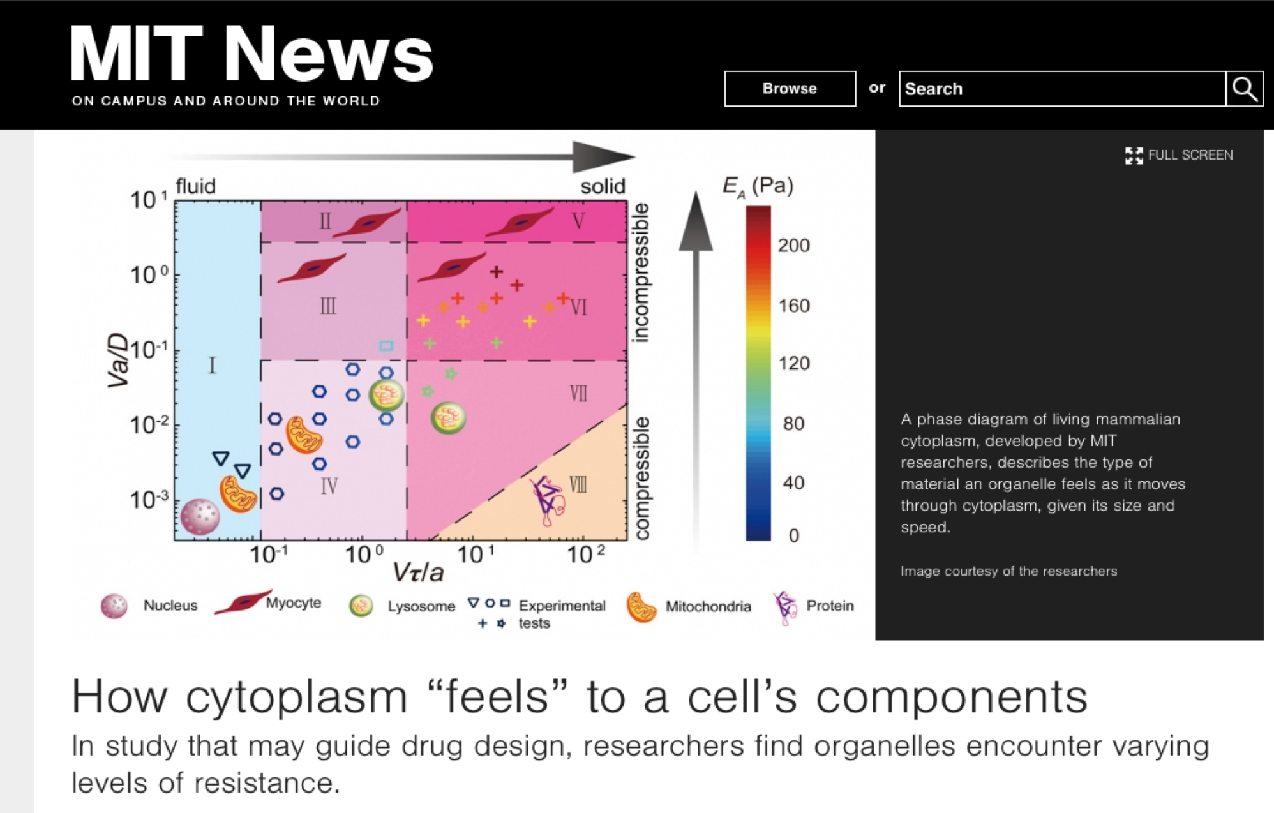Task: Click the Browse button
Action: tap(790, 89)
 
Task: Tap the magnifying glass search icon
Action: tap(1245, 89)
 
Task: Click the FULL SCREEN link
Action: tap(1179, 155)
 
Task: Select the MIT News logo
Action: tap(251, 64)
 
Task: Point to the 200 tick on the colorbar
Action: tap(793, 245)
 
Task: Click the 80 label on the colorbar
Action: tap(793, 423)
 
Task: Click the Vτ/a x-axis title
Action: tap(418, 571)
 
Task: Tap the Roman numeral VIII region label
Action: tap(578, 485)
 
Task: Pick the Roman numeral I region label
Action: tap(213, 365)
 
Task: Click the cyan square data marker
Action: tap(386, 346)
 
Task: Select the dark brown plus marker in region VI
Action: tap(497, 272)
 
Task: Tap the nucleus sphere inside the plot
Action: tap(200, 516)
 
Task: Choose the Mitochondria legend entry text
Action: tap(708, 606)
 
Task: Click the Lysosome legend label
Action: tap(421, 606)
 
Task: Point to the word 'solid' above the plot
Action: tap(603, 186)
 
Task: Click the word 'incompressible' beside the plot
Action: tap(640, 273)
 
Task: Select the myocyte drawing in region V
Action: tap(520, 223)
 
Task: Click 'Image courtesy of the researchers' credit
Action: tap(1008, 571)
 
